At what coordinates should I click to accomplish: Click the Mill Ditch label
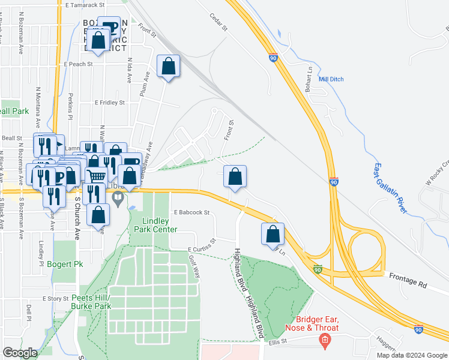[x=331, y=79]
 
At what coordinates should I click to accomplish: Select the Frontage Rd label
[x=406, y=277]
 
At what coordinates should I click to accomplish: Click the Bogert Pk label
[x=69, y=264]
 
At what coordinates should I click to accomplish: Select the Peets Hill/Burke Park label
[x=91, y=302]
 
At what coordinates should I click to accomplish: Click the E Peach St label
[x=77, y=64]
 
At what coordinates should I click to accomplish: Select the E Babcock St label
[x=191, y=212]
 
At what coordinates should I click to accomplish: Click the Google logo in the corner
[x=20, y=353]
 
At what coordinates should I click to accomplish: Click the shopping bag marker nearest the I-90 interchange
[x=273, y=233]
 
